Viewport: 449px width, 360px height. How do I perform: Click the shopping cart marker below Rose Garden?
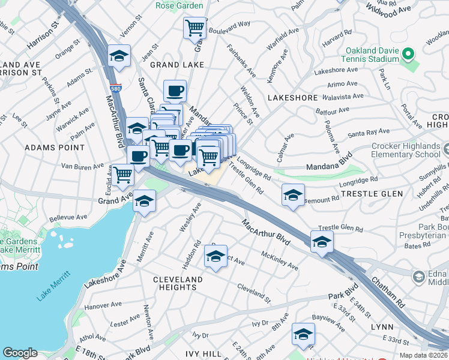tap(194, 28)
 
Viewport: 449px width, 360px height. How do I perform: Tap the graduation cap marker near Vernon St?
tap(119, 57)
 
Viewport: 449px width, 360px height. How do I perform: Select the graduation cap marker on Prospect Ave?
tap(215, 257)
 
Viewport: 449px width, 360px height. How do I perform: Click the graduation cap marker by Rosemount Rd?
tap(292, 196)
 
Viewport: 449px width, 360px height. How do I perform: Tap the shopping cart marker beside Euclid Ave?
tap(123, 176)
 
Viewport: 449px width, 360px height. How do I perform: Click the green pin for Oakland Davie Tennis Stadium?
tap(409, 55)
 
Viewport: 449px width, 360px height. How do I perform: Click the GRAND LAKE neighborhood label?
tap(177, 64)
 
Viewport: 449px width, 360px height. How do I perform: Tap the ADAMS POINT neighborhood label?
tap(49, 147)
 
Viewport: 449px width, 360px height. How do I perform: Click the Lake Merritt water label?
tap(53, 286)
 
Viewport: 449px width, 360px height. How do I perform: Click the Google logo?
tap(20, 353)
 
